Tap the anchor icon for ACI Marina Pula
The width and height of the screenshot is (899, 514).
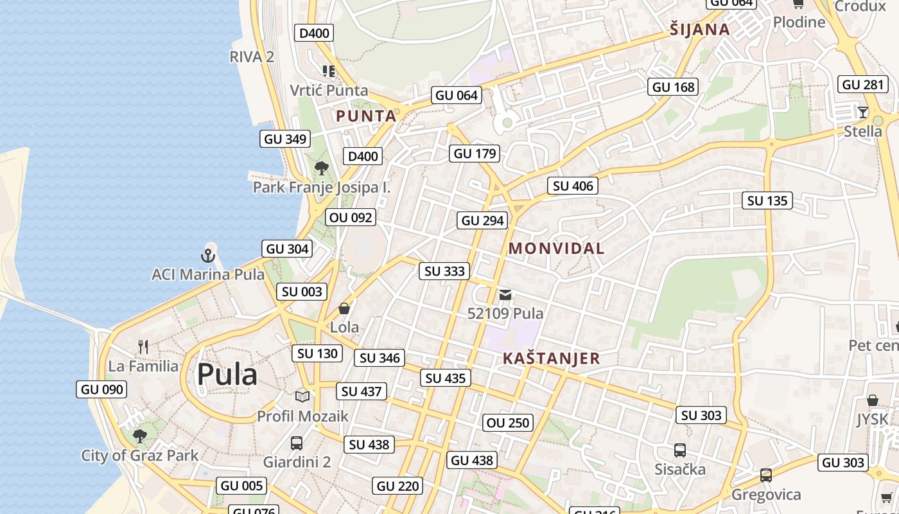point(207,256)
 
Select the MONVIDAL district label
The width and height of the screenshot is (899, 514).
point(556,249)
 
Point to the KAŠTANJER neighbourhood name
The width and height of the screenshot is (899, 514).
point(551,359)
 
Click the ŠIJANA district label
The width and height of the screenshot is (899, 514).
point(699,29)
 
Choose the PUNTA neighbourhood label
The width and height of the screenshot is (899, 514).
point(366,116)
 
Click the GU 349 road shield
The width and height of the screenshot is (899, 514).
point(285,139)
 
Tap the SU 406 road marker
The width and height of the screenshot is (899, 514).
point(573,186)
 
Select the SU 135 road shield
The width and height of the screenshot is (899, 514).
point(767,200)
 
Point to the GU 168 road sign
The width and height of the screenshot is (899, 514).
point(674,87)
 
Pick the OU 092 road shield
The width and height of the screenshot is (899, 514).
point(351,217)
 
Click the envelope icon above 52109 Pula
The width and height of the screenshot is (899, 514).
point(506,295)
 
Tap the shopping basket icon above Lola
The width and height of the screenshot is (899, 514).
point(344,309)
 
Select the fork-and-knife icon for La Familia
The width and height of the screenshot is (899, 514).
point(143,347)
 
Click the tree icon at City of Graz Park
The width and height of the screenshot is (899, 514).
point(139,437)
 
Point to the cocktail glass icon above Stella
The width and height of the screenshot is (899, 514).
point(863,112)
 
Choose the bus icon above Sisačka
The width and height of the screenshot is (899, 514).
point(680,450)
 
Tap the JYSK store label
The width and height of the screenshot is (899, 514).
point(871,420)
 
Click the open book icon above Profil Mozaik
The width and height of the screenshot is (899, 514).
point(302,396)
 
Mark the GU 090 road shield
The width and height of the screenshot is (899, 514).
point(101,389)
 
